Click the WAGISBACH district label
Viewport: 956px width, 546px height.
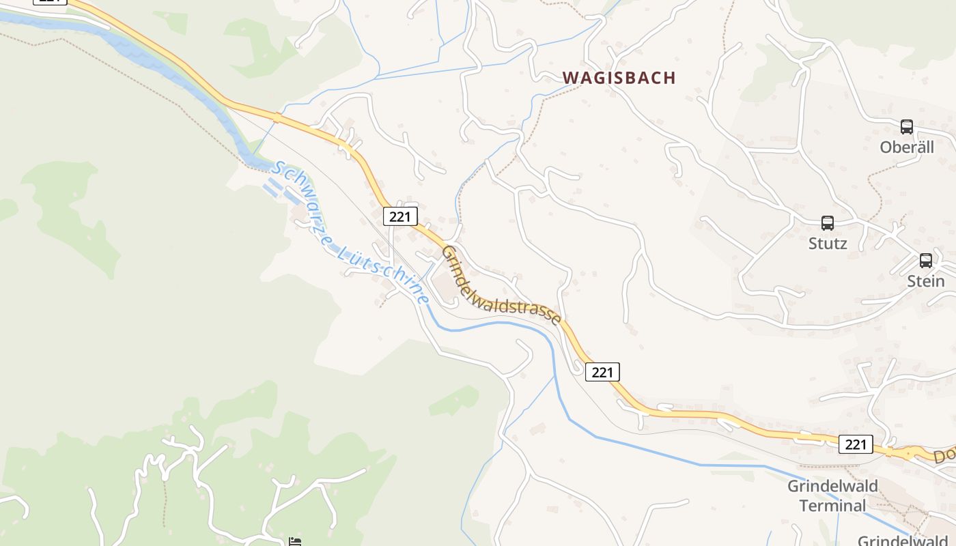619,78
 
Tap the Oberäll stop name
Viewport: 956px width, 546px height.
907,147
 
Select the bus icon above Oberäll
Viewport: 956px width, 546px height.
907,126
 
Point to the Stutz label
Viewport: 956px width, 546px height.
828,244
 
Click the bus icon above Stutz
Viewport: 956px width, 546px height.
828,222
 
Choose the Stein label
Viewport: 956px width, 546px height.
925,281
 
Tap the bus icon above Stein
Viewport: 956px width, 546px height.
926,260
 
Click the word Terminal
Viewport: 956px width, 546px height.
832,506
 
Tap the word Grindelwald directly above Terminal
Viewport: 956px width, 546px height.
832,487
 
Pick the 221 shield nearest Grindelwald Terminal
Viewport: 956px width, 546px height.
855,444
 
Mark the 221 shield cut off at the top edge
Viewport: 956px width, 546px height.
50,1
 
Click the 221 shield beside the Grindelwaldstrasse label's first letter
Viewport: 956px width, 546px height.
400,216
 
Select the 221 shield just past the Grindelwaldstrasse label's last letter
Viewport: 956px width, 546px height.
602,372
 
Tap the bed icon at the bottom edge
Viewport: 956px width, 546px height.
295,542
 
